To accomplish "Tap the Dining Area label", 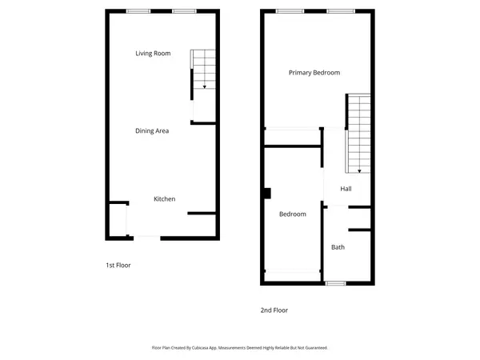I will (151, 130).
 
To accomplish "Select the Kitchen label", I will (165, 199).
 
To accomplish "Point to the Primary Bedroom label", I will (314, 73).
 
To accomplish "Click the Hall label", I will (346, 189).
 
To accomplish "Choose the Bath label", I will (338, 247).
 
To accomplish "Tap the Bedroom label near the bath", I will (292, 214).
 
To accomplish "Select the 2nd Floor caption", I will (274, 310).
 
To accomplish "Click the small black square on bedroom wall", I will (269, 192).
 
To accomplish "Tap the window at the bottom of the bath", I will (336, 283).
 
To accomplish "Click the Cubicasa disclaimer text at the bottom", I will (240, 348).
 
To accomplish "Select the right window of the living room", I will (184, 10).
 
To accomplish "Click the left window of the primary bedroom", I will (289, 10).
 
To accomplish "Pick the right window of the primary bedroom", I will (335, 10).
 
